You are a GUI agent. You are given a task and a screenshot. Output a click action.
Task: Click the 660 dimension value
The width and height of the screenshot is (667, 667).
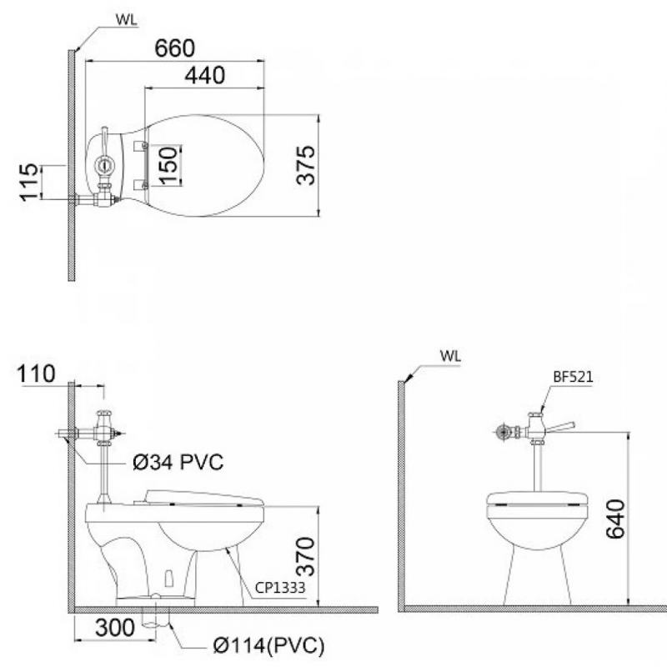click(175, 48)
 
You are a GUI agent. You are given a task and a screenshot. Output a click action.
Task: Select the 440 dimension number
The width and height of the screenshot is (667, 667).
click(205, 75)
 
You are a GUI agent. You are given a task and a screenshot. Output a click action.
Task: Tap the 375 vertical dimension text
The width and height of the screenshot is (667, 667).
click(306, 165)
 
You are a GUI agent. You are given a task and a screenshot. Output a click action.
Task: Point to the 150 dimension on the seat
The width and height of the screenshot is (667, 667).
click(168, 165)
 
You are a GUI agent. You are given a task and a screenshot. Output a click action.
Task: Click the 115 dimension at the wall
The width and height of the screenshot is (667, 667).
click(29, 182)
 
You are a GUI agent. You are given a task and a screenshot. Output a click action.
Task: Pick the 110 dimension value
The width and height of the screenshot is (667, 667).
click(36, 374)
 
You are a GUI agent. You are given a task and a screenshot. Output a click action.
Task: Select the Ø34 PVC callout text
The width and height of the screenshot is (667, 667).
click(178, 462)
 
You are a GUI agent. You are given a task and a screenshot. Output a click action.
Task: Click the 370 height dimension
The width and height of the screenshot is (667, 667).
click(305, 557)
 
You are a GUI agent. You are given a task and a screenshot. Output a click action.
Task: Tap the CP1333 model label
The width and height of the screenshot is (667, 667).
click(280, 588)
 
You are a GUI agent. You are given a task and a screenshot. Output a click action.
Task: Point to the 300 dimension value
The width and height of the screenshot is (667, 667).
click(115, 628)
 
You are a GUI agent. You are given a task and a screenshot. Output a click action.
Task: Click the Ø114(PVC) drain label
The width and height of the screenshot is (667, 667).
click(268, 645)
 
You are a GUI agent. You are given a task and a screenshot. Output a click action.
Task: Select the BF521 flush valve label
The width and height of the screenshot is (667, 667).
click(573, 377)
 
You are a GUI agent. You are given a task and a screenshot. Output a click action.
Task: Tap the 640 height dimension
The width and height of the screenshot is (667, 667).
click(615, 519)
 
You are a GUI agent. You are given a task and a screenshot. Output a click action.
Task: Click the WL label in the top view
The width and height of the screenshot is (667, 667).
click(127, 20)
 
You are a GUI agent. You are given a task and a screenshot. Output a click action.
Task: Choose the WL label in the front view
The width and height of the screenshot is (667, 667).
click(450, 356)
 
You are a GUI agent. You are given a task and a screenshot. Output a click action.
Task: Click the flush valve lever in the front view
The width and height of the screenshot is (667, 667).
click(560, 427)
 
